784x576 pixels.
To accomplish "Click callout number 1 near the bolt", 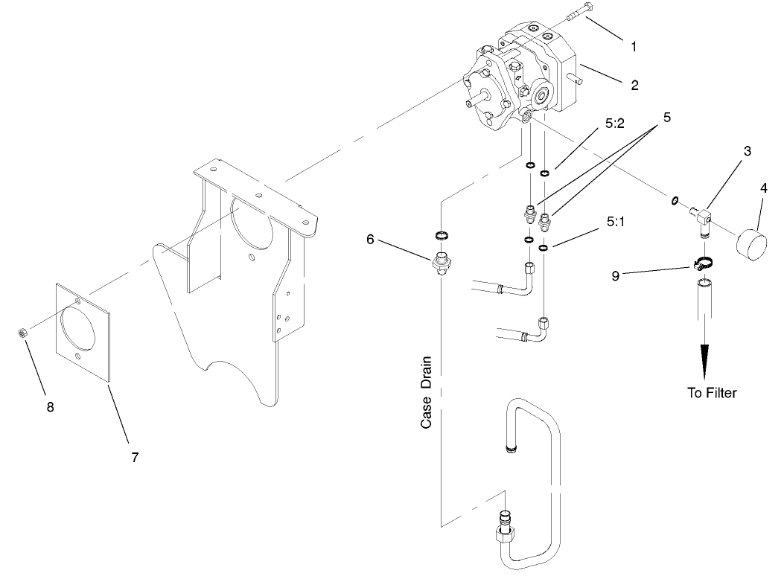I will pos(634,47).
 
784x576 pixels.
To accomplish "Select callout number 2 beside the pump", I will pos(634,86).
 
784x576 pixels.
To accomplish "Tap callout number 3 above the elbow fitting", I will pos(746,150).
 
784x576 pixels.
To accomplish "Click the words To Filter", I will pos(712,392).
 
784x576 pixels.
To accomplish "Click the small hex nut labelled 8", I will pos(23,330).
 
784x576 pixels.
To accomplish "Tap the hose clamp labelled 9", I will pos(701,262).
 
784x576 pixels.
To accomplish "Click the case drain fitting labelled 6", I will pos(442,263).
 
